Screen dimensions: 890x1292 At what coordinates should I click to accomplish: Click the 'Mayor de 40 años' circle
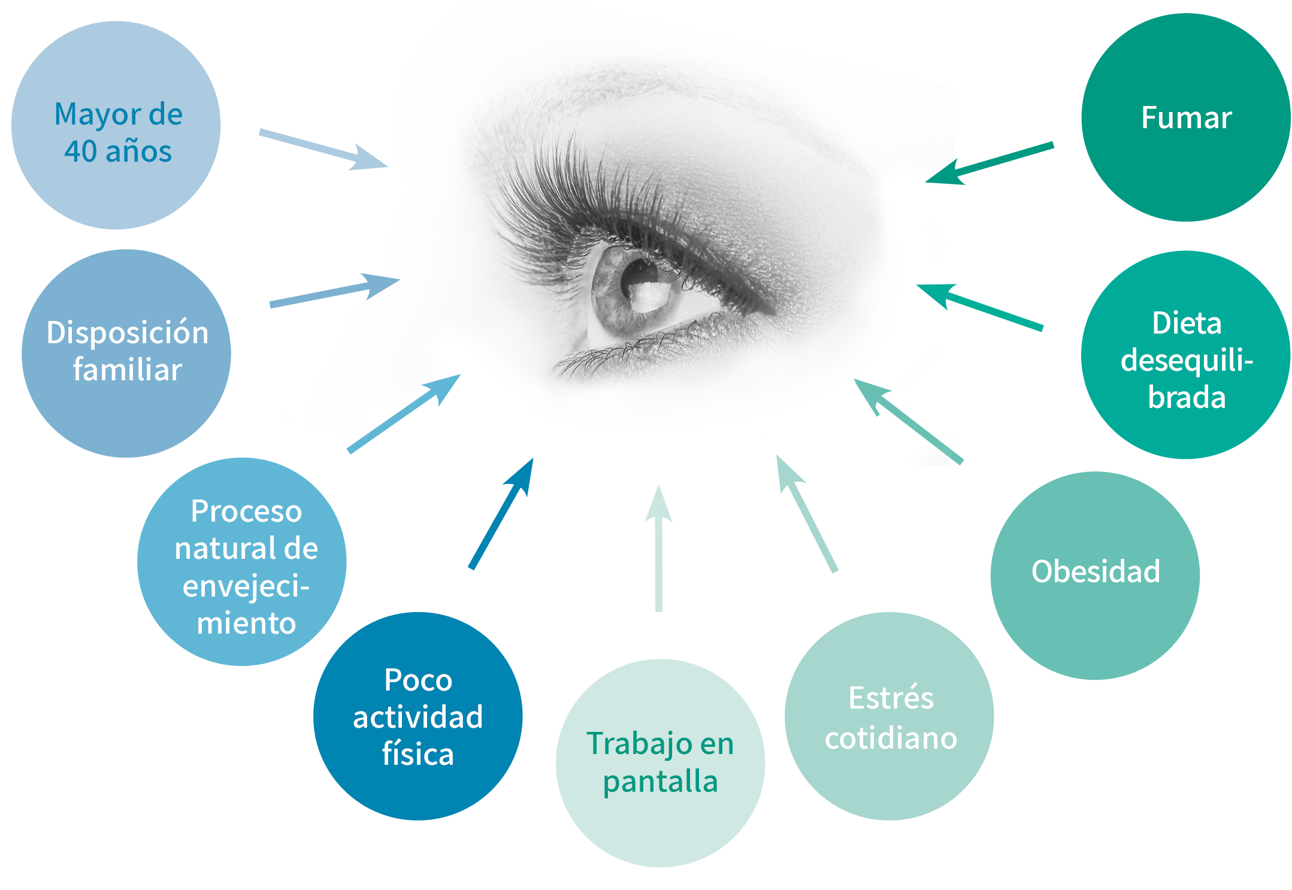(x=116, y=126)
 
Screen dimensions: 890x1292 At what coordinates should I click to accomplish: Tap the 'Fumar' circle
(x=1185, y=117)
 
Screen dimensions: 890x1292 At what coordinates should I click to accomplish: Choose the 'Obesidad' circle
(x=1095, y=575)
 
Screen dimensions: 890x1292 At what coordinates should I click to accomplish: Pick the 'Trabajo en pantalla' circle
(x=660, y=762)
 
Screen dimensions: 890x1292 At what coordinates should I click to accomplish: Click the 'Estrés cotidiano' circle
(x=889, y=716)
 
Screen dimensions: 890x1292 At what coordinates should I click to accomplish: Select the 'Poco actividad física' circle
(x=417, y=716)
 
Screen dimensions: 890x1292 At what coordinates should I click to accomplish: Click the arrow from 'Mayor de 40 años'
(x=323, y=149)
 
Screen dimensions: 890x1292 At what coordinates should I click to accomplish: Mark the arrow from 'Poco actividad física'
(x=501, y=514)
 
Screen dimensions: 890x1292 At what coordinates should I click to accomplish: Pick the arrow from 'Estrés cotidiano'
(x=806, y=513)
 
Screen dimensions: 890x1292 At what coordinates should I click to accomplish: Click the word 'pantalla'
(x=660, y=782)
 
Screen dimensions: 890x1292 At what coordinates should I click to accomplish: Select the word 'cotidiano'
(x=891, y=738)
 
